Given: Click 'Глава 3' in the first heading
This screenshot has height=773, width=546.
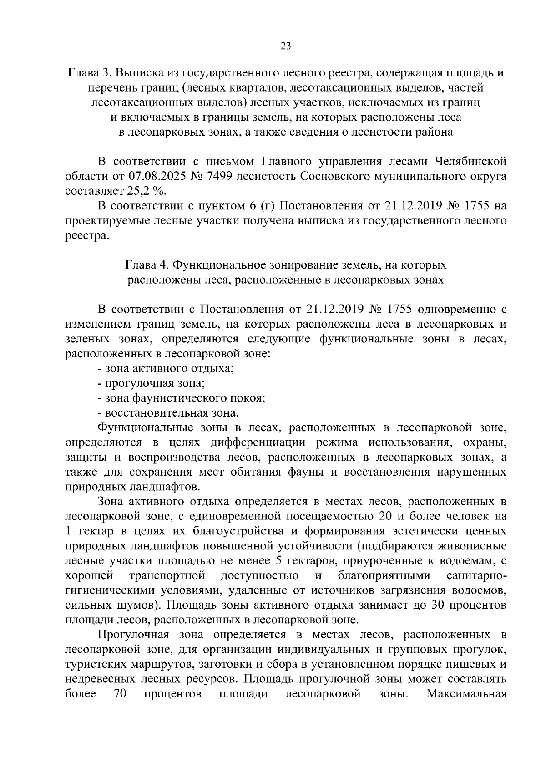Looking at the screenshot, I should click(89, 73).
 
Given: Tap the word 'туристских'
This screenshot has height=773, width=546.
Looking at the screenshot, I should click(93, 664).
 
